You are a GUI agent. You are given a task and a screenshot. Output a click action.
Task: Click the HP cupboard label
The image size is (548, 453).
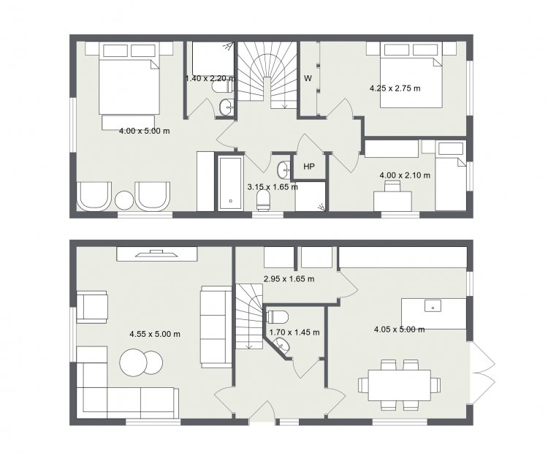pyautogui.click(x=309, y=167)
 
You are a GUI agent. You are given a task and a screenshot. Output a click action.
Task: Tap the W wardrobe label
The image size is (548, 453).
pyautogui.click(x=308, y=78)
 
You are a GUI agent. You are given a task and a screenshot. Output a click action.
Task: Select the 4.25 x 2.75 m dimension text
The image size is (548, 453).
pyautogui.click(x=395, y=88)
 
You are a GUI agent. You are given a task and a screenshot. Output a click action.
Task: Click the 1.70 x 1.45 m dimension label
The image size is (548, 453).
pyautogui.click(x=294, y=332)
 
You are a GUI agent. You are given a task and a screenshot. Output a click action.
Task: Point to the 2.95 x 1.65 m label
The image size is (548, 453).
pyautogui.click(x=289, y=279)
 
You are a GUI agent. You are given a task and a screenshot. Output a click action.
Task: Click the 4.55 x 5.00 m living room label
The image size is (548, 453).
pyautogui.click(x=155, y=334)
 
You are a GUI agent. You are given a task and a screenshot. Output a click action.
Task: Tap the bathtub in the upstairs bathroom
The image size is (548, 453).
pyautogui.click(x=230, y=183)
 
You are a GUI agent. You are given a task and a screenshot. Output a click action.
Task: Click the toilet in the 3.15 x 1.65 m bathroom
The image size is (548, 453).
pyautogui.click(x=264, y=200)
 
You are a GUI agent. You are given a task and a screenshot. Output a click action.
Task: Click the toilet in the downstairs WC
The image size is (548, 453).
pyautogui.click(x=278, y=317)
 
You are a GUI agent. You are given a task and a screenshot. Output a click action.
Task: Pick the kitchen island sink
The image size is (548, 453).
pyautogui.click(x=433, y=305)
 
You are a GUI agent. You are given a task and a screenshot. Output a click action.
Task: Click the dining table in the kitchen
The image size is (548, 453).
pyautogui.click(x=399, y=385)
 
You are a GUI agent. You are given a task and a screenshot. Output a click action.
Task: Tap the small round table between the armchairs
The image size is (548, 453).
pyautogui.click(x=124, y=200)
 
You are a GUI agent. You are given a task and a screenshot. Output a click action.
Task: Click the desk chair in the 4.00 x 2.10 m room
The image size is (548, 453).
pyautogui.click(x=393, y=186)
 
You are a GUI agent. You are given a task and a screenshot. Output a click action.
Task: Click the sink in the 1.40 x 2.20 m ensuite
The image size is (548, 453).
pyautogui.click(x=227, y=107)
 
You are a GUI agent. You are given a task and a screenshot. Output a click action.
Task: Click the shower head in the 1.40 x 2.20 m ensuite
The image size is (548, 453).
pyautogui.click(x=229, y=47)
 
